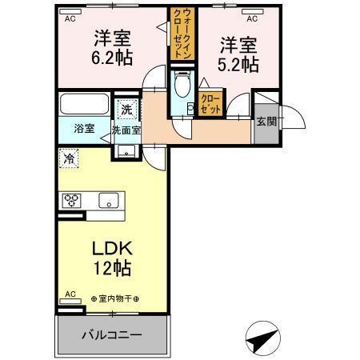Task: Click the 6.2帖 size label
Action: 112,58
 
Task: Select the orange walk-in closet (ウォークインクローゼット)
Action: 177,31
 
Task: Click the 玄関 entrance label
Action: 266,122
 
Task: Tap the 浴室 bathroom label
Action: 84,127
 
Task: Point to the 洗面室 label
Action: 126,129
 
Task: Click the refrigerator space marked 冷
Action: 70,158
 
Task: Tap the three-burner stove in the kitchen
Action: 71,200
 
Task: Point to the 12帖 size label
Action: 112,267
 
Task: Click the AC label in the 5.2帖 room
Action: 252,18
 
